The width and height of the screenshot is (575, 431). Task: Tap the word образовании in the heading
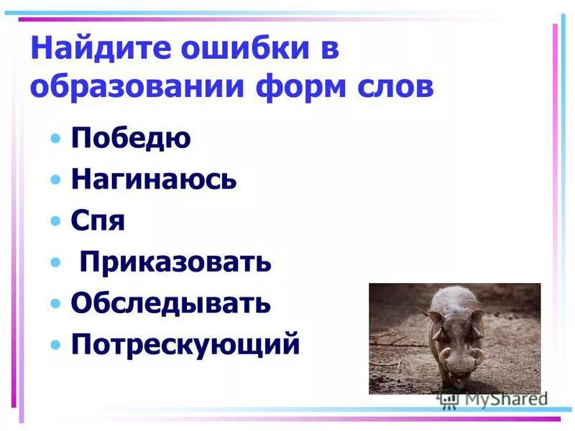(136, 88)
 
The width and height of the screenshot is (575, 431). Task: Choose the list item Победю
(131, 138)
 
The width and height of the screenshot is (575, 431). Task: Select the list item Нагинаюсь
(154, 180)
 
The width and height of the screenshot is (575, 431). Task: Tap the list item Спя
(98, 221)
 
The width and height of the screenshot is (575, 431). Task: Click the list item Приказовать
(175, 262)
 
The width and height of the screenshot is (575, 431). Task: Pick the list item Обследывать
(171, 303)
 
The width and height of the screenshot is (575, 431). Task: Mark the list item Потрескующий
(185, 345)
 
